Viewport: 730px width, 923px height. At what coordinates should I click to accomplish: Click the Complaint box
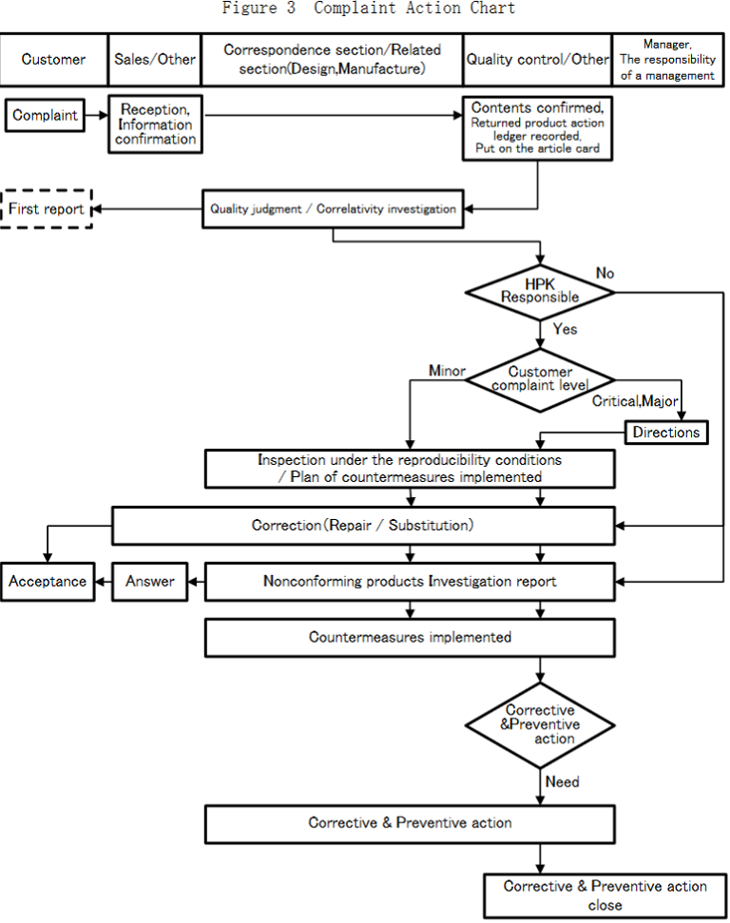click(x=46, y=116)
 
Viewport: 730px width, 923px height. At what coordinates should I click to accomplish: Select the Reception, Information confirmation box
click(x=156, y=125)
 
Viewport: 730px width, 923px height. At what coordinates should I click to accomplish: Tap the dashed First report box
click(x=47, y=209)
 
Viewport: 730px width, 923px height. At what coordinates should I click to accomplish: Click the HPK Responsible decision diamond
click(x=540, y=290)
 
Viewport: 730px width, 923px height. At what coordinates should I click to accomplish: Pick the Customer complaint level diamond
click(x=540, y=378)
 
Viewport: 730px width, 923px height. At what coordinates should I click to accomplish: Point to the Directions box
click(x=666, y=432)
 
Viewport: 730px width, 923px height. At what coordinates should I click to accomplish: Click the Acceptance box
click(x=48, y=581)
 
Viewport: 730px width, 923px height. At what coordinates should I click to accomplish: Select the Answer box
click(x=150, y=581)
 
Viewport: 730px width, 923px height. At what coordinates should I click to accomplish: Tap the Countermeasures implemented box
click(x=410, y=637)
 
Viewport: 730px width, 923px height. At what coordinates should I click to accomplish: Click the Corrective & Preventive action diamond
click(x=540, y=724)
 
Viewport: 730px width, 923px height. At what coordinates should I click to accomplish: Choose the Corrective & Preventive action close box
click(x=605, y=895)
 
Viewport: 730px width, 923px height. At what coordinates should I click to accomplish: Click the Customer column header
click(x=53, y=59)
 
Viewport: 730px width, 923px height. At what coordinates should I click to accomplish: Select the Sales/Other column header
click(x=155, y=59)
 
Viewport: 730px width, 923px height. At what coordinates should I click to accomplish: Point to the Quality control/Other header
click(x=537, y=59)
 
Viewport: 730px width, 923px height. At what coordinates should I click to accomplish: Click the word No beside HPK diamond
click(x=605, y=274)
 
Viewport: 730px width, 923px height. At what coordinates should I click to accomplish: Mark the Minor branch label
click(x=447, y=371)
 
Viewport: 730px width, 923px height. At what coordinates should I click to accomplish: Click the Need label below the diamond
click(x=563, y=782)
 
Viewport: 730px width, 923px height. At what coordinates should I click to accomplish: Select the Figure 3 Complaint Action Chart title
click(x=368, y=9)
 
